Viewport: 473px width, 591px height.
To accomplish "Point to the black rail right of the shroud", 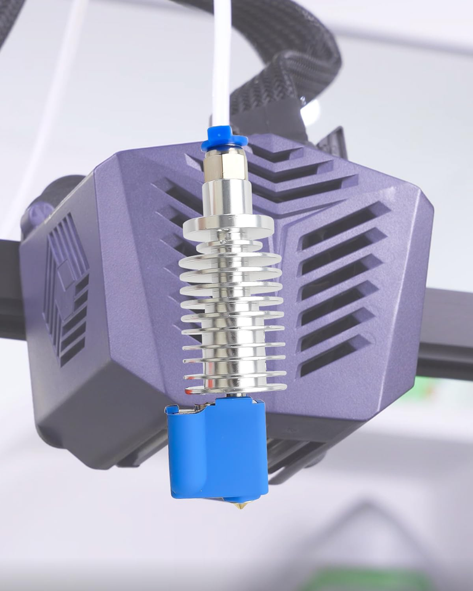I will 447,332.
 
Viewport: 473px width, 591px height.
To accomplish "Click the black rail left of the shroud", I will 10,289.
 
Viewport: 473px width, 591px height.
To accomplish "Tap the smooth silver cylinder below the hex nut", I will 227,197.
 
